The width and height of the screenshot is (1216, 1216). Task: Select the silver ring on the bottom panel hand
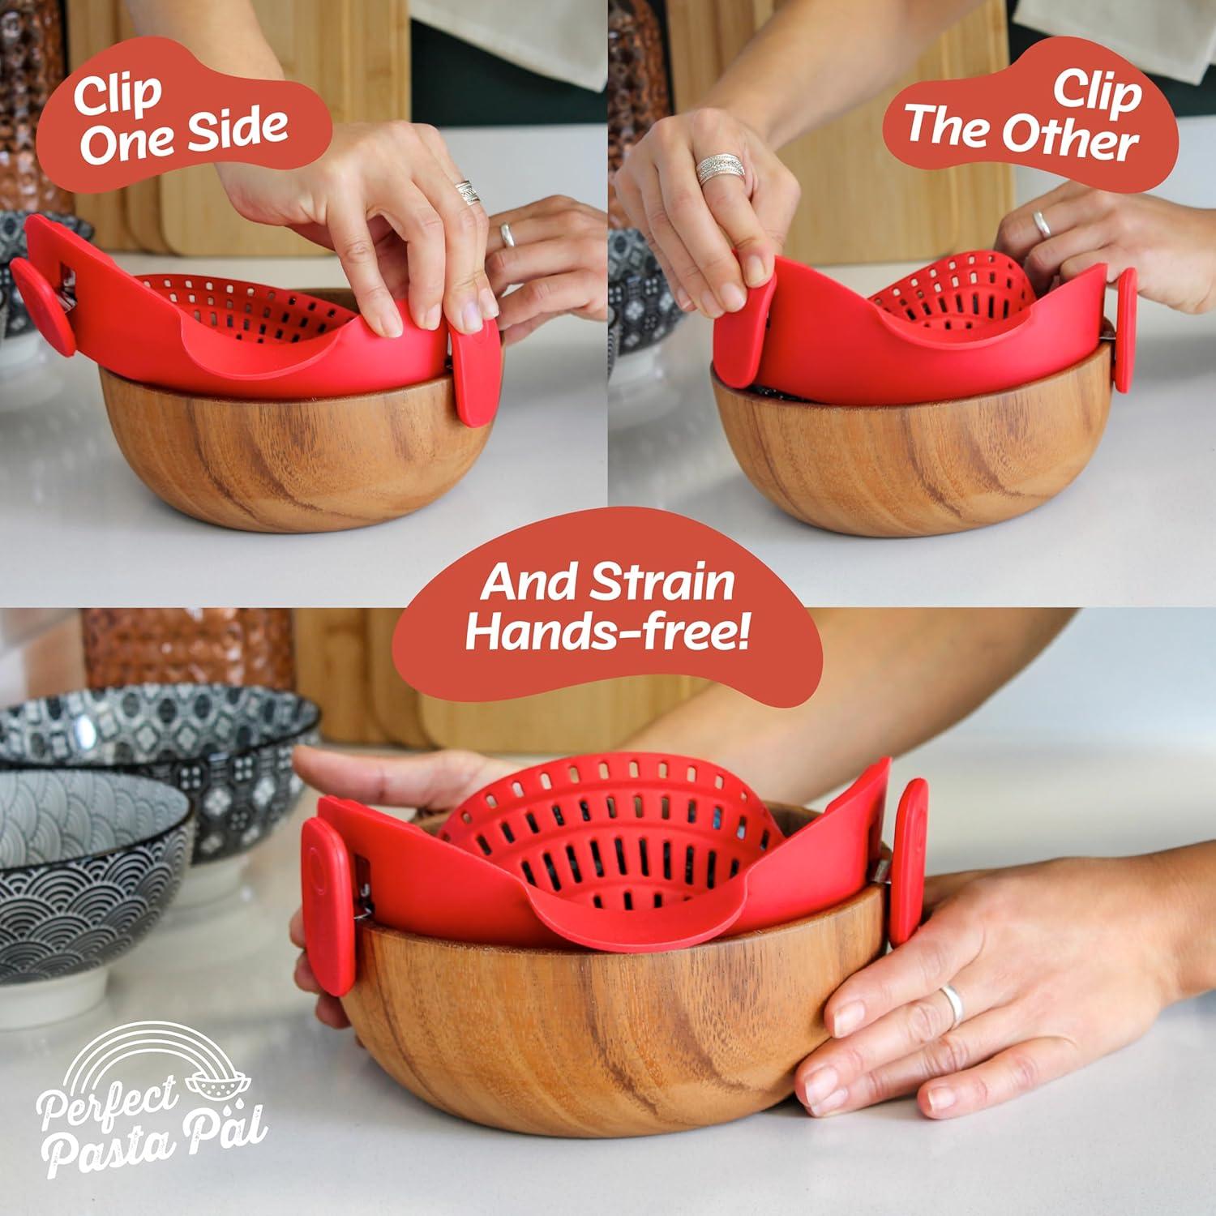(x=951, y=1006)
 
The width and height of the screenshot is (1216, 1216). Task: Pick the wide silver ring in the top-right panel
(x=718, y=170)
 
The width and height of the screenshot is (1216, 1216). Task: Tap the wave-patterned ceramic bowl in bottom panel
(x=89, y=859)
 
